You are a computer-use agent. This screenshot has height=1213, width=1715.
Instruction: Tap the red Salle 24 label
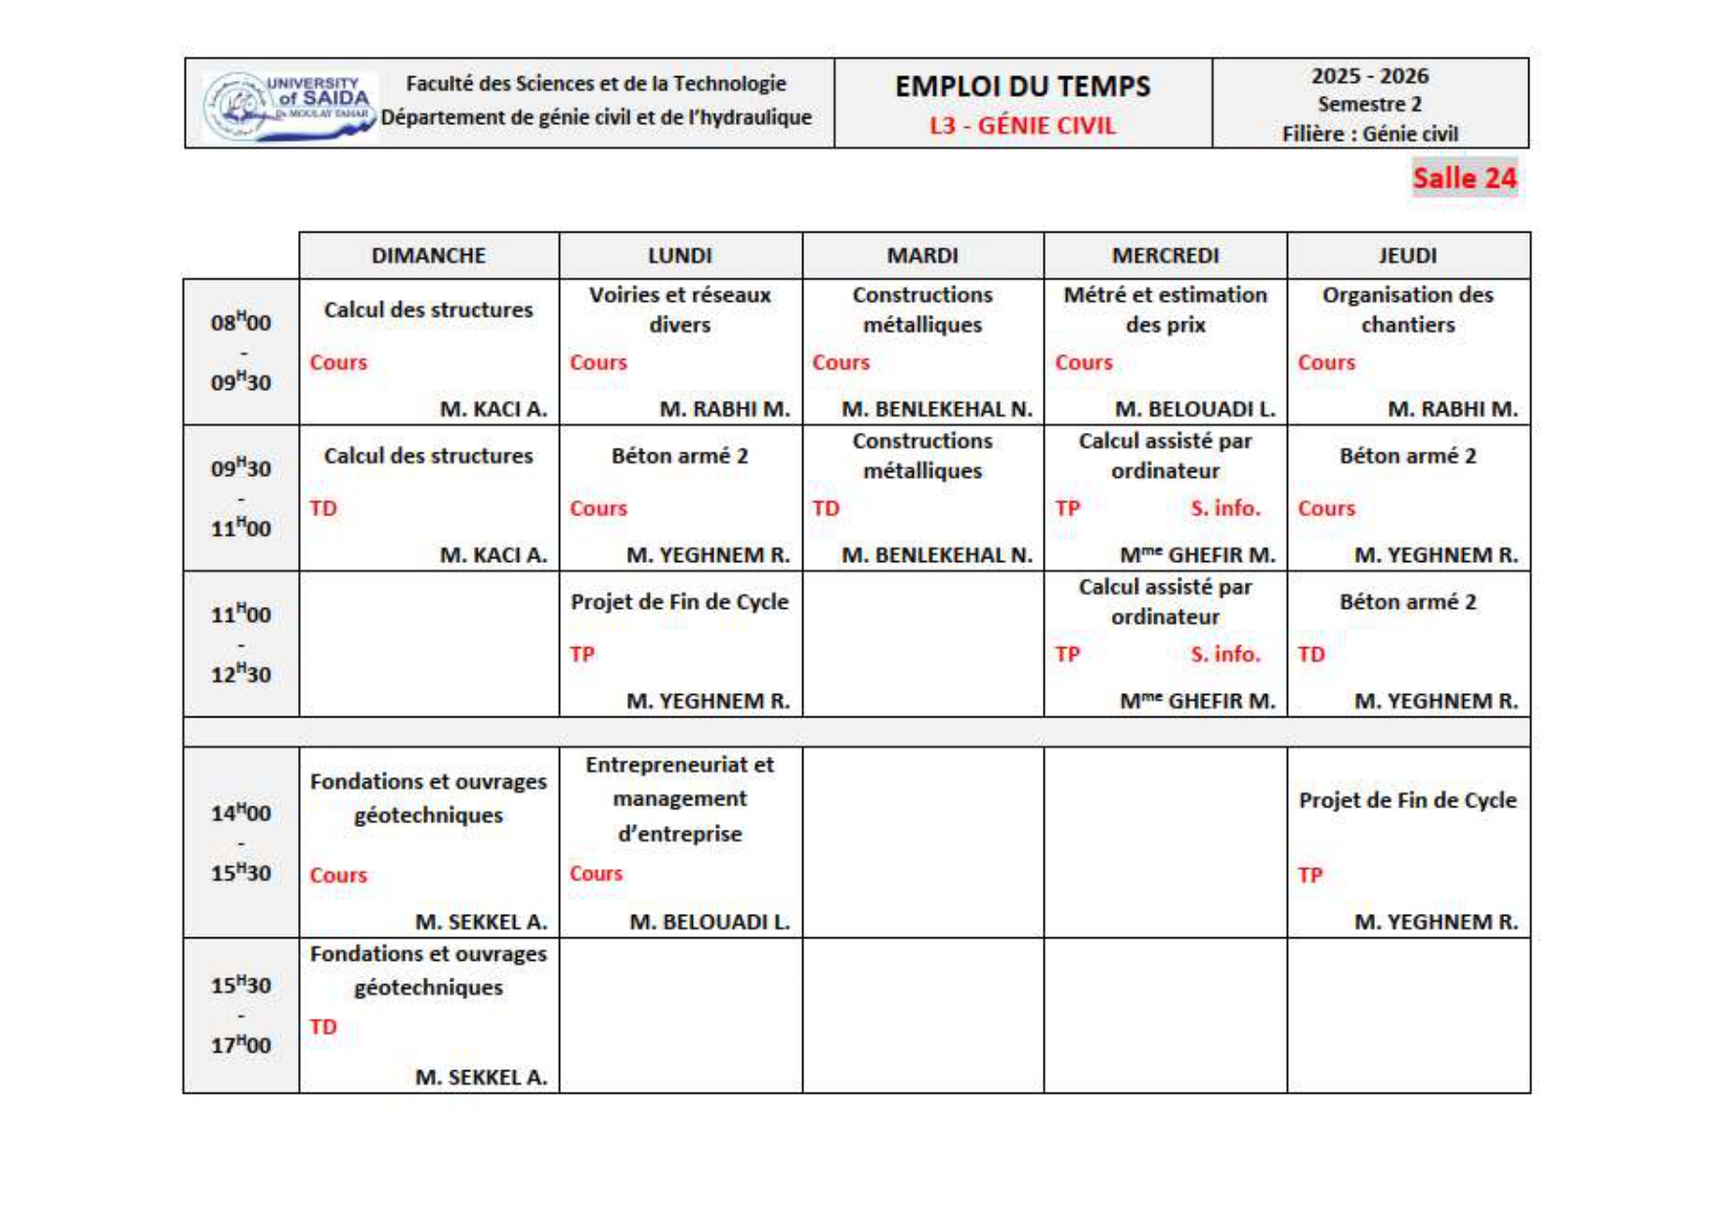pos(1464,178)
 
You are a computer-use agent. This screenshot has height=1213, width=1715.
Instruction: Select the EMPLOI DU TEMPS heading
pos(1022,86)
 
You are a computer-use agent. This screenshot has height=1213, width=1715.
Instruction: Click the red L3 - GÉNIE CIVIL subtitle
pos(1022,126)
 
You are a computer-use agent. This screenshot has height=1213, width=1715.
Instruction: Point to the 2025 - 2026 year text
pos(1369,76)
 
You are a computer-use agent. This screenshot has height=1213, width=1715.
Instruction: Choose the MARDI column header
pos(922,255)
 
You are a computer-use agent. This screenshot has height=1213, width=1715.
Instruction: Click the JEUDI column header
pos(1407,255)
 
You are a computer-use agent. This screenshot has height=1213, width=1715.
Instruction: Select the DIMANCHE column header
pos(428,255)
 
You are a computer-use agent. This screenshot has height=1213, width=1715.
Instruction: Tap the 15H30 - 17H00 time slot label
pos(240,1015)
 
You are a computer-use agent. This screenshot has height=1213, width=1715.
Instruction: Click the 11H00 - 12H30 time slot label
pos(240,644)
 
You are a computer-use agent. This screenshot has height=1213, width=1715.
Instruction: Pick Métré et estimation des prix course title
pos(1165,309)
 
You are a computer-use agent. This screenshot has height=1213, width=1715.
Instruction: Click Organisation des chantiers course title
pos(1407,309)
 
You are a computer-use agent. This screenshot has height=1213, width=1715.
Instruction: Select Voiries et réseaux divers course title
pos(679,309)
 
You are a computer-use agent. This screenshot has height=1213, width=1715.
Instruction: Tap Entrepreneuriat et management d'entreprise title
pos(679,799)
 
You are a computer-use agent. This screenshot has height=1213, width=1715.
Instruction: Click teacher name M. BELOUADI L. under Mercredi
pos(1194,409)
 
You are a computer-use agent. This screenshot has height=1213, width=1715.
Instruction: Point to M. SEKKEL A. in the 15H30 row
pos(481,1076)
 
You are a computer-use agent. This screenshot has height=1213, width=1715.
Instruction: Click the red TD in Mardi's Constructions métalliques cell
pos(826,508)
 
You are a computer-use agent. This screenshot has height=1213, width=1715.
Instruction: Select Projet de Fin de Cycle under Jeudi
pos(1407,800)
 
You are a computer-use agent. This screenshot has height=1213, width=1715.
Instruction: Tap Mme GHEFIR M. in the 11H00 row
pos(1197,701)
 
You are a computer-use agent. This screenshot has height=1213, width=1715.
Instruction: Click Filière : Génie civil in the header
pos(1369,134)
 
